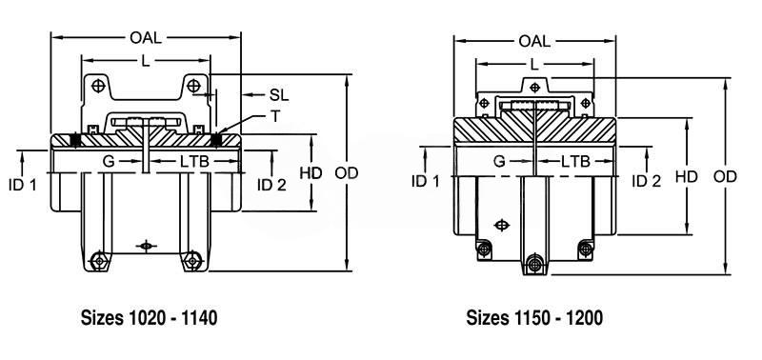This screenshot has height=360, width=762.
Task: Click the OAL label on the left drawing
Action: [146, 37]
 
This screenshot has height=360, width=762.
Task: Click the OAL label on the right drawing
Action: [534, 41]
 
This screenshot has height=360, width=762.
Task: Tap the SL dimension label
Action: [279, 95]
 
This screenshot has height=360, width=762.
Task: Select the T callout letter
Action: [275, 116]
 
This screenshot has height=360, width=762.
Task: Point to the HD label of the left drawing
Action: [311, 173]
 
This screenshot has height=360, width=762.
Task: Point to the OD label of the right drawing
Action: [725, 177]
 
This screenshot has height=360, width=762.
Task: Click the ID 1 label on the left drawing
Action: [22, 184]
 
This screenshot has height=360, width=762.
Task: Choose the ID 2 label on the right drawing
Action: [647, 181]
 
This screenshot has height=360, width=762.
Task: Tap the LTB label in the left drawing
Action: [194, 161]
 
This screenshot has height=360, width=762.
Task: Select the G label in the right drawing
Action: [499, 161]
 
